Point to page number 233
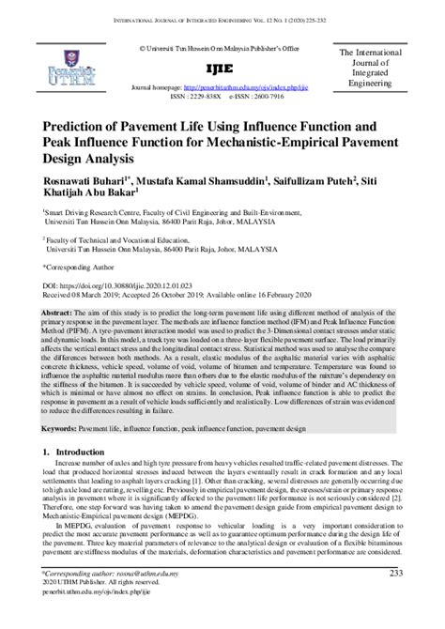coord(395,598)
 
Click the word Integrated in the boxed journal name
coord(381,74)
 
